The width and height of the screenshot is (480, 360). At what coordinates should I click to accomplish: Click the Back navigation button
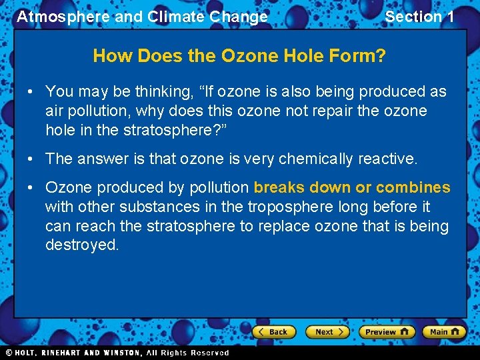(273, 331)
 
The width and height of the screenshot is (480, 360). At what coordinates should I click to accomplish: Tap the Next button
(327, 331)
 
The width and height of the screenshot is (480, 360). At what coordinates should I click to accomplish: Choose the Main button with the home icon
(444, 331)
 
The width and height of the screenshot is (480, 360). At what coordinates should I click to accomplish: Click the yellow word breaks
(277, 188)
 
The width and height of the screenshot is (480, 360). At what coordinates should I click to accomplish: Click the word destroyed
(82, 245)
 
